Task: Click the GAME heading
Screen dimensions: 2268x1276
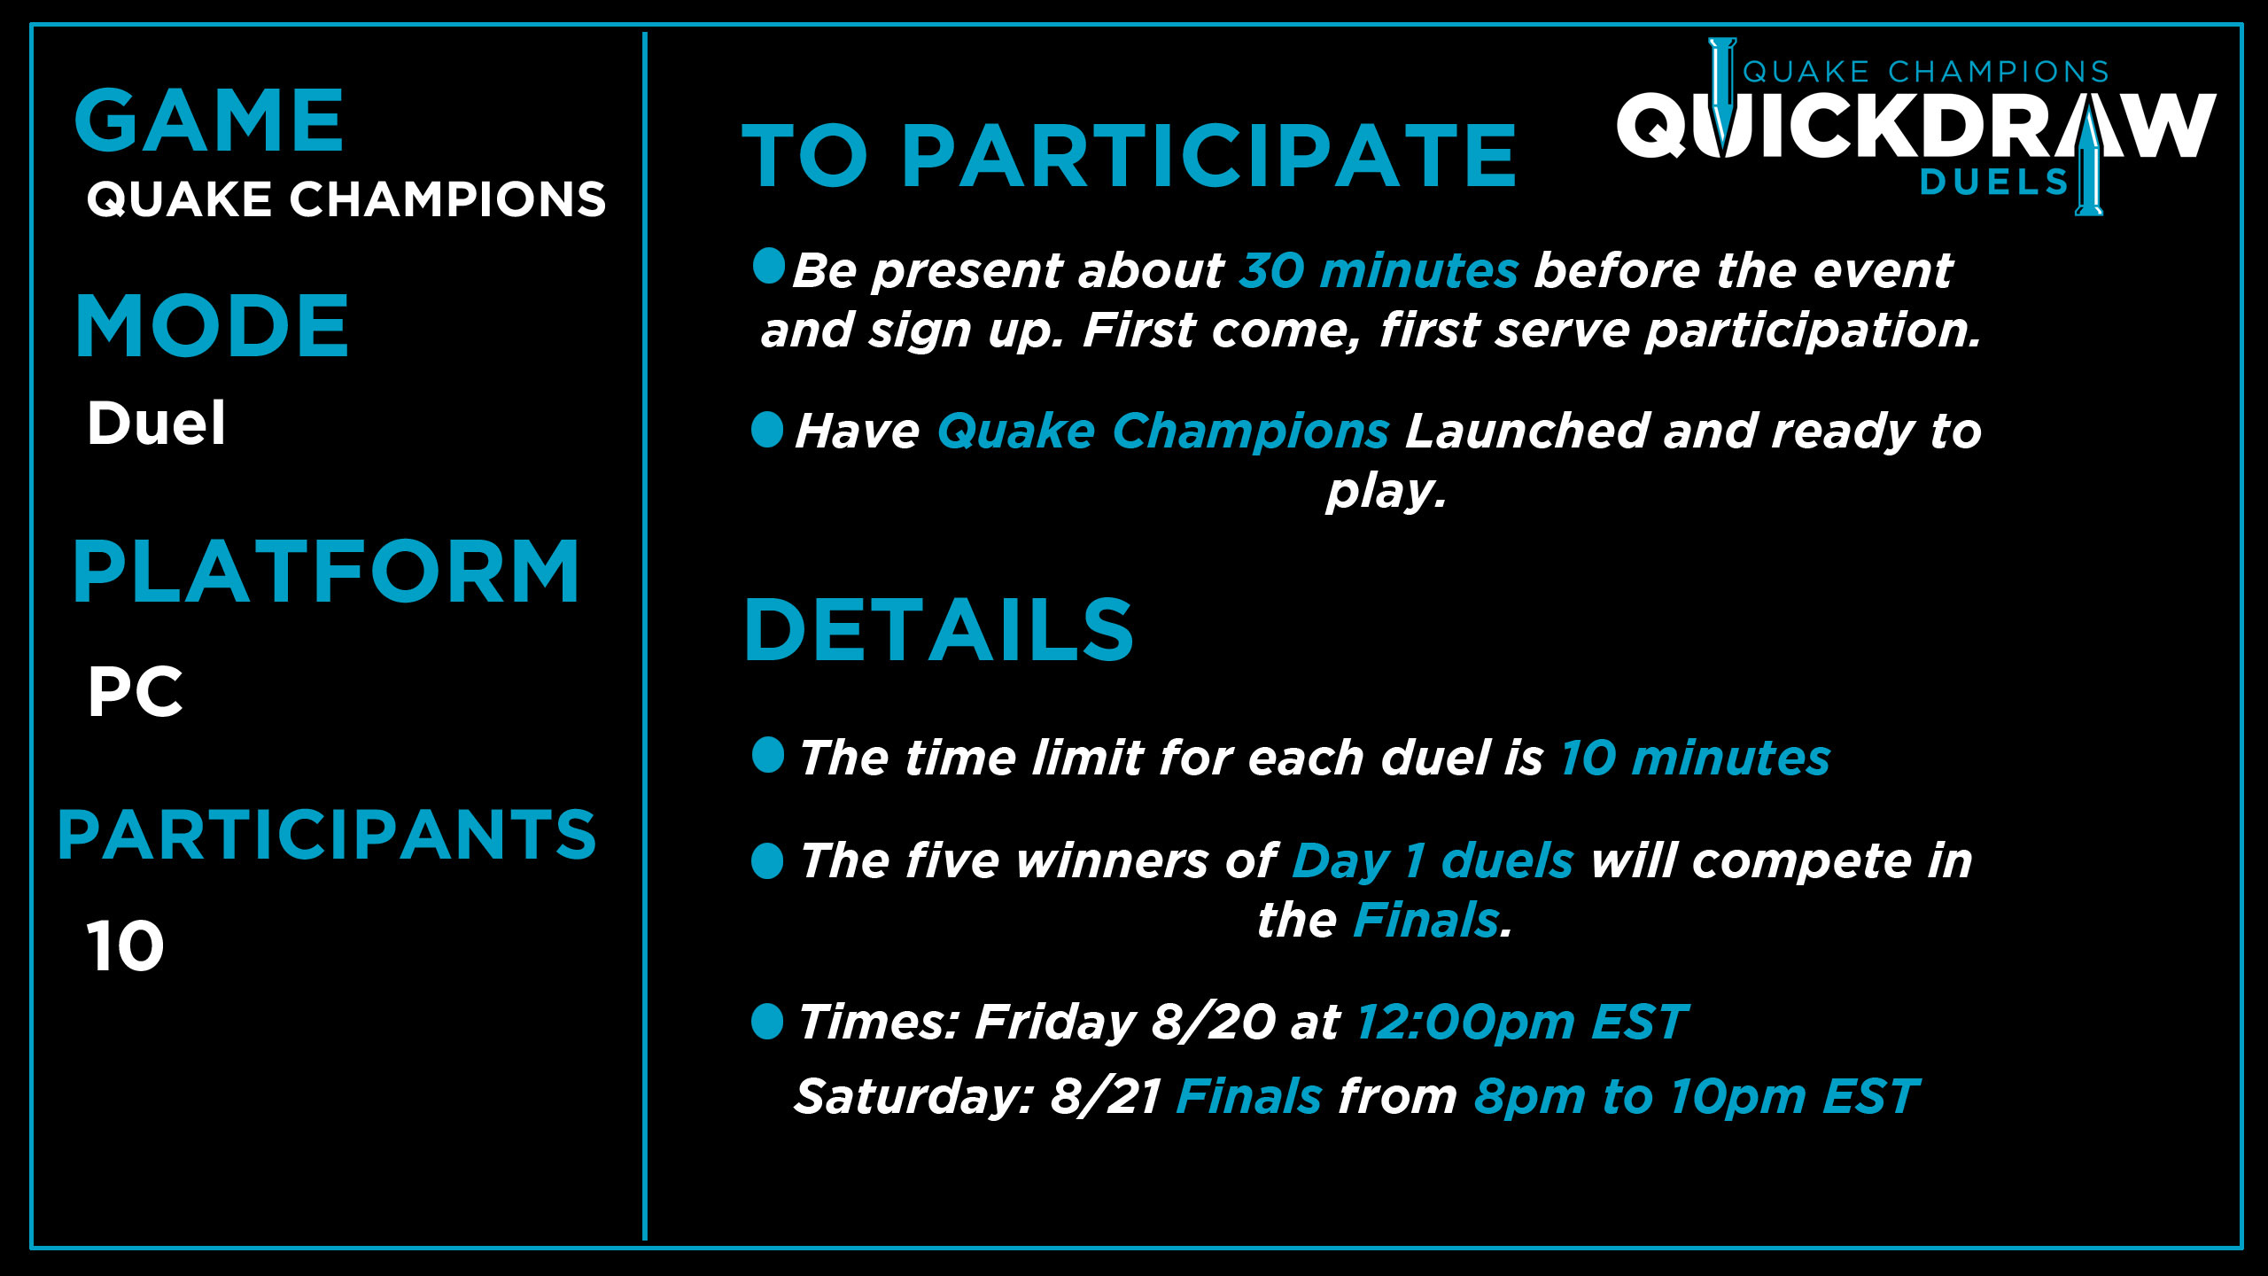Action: [x=209, y=121]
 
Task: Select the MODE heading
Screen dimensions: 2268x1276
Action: [x=213, y=325]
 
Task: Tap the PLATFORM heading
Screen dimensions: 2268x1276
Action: [x=326, y=572]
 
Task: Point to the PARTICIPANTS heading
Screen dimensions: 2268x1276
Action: [x=327, y=834]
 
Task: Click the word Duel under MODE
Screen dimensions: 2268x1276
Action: [x=156, y=423]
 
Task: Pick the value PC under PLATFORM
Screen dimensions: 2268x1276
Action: [x=135, y=692]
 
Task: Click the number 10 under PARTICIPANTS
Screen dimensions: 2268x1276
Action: [x=125, y=946]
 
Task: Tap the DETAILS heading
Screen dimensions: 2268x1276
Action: [x=939, y=629]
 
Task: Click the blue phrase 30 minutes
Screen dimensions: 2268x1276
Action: [x=1379, y=270]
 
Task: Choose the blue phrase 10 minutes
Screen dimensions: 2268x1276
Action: [x=1695, y=758]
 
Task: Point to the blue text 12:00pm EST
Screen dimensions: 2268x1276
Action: [x=1522, y=1022]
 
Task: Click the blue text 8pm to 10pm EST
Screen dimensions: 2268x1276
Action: [x=1697, y=1097]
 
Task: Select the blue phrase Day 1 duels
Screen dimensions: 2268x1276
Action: [x=1433, y=861]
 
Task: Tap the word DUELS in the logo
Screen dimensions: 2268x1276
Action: [x=1993, y=182]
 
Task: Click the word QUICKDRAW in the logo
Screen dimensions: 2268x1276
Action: [x=1916, y=126]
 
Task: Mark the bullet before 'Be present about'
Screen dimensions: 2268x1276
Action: [x=769, y=266]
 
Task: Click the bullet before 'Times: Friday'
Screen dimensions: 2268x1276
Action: [x=767, y=1021]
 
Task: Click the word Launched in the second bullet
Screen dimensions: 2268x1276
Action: [x=1527, y=431]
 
